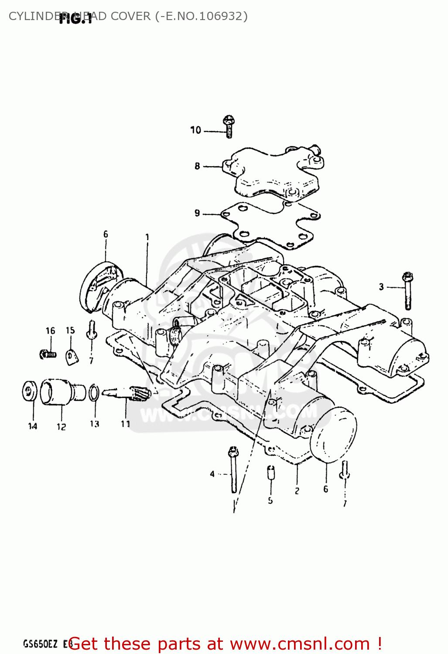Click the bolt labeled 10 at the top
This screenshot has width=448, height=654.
click(229, 126)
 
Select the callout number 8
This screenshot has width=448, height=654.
click(197, 166)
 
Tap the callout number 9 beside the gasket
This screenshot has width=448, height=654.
click(197, 213)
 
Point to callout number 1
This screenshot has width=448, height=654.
click(147, 238)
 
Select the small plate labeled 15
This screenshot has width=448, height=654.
click(72, 357)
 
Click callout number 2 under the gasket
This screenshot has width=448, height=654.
click(297, 491)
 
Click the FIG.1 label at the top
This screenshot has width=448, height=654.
click(76, 18)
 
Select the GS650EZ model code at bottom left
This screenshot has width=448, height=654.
click(40, 644)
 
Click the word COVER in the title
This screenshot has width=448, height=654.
click(130, 16)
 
